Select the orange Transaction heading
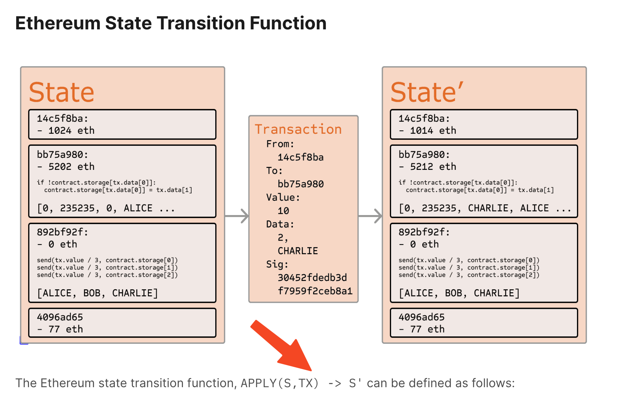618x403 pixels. point(298,129)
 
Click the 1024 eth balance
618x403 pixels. point(72,130)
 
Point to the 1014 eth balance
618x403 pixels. point(433,130)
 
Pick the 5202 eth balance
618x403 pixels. point(72,166)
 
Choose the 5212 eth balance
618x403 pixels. point(433,166)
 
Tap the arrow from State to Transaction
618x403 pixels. point(237,216)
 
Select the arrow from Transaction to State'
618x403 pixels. point(370,216)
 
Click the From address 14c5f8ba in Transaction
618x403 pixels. point(300,157)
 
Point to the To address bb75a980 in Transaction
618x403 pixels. point(300,184)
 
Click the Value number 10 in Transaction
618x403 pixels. point(283,211)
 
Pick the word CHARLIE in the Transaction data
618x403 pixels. point(298,251)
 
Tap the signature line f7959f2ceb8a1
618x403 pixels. point(315,291)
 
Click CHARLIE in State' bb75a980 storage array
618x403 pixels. point(488,208)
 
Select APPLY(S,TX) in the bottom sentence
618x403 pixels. point(280,383)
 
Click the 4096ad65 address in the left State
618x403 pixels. point(60,317)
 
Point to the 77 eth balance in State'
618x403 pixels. point(427,329)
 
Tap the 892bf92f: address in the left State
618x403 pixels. point(62,232)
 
